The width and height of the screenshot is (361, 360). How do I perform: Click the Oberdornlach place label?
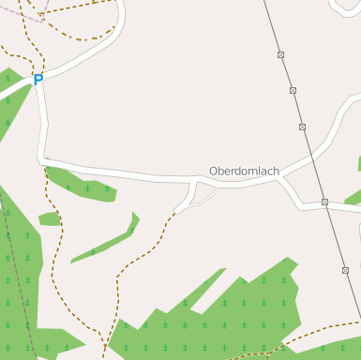[244, 172]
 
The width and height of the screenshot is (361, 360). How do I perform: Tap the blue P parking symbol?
[38, 81]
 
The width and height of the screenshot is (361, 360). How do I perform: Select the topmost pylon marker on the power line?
[280, 55]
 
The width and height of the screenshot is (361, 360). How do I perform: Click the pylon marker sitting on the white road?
[324, 202]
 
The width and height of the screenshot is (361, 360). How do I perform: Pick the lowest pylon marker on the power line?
[345, 271]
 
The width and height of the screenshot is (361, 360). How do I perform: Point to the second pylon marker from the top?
[293, 91]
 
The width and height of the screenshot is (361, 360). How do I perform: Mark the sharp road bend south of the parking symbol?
[43, 159]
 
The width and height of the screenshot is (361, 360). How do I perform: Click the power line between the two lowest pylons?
[335, 236]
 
